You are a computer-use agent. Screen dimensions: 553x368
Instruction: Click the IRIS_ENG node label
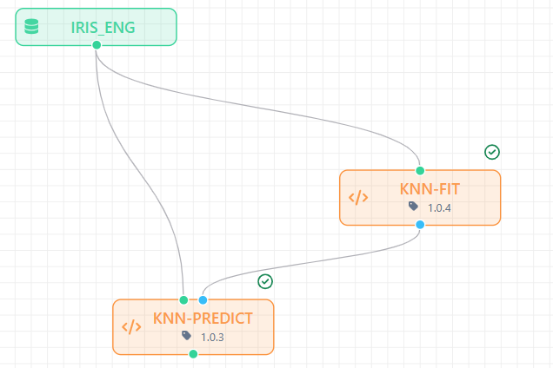click(x=103, y=28)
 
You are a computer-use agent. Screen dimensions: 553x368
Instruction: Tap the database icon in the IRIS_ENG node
click(x=31, y=27)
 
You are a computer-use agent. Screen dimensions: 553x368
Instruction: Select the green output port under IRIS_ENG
click(x=97, y=45)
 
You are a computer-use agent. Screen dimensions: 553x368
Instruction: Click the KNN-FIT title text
click(x=430, y=189)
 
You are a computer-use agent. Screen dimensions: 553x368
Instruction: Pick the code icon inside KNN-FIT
click(x=358, y=198)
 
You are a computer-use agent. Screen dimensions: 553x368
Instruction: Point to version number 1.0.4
click(x=439, y=208)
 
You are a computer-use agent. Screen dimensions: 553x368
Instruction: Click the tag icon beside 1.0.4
click(x=413, y=207)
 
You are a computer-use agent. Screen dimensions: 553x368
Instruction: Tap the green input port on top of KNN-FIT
click(x=420, y=171)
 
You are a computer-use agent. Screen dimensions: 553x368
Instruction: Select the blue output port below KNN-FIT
click(x=420, y=225)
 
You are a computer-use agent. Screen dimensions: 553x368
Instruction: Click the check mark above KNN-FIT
click(x=492, y=152)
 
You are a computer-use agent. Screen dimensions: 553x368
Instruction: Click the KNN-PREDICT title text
click(x=203, y=319)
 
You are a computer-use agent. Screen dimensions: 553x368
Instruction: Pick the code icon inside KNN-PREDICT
click(x=131, y=327)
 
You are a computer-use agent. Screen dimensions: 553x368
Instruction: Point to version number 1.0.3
click(x=212, y=338)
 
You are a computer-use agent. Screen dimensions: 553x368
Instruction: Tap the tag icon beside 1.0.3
click(x=187, y=336)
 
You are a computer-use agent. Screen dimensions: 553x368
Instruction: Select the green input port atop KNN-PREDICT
click(x=183, y=300)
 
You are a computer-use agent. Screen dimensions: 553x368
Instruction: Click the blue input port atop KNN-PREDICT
click(x=203, y=300)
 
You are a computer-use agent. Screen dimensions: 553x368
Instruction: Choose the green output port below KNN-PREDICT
click(x=193, y=354)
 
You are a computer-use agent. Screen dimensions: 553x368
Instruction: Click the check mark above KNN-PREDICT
click(x=265, y=281)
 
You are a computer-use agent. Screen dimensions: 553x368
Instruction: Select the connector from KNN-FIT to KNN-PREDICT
click(x=310, y=262)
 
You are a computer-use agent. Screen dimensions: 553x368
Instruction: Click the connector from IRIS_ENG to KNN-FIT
click(x=247, y=105)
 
